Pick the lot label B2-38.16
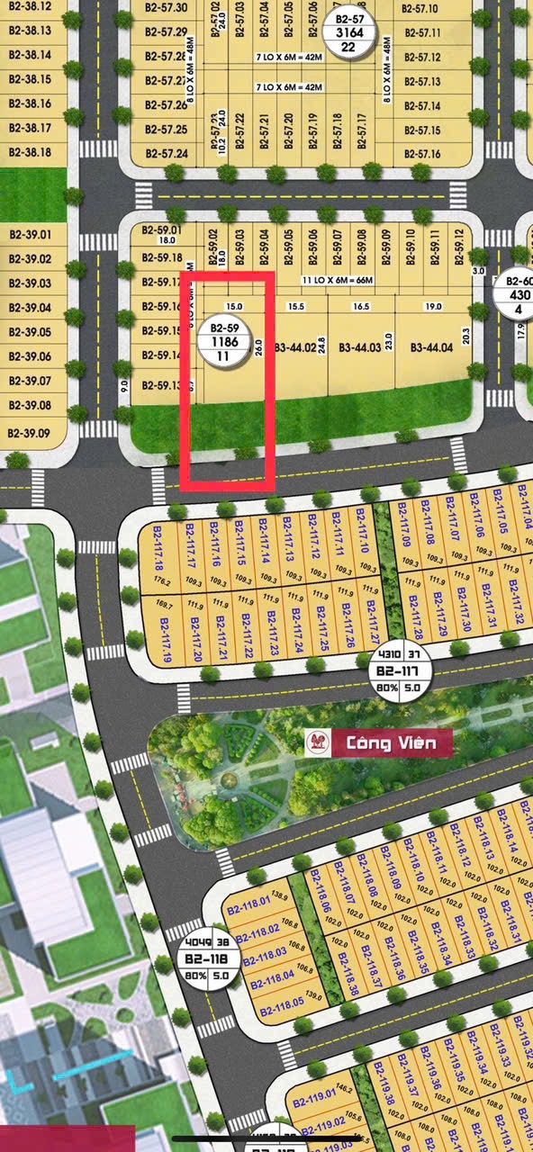pos(30,103)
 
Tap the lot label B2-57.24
pos(164,154)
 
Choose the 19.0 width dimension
pos(433,307)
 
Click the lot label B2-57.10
pos(420,9)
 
